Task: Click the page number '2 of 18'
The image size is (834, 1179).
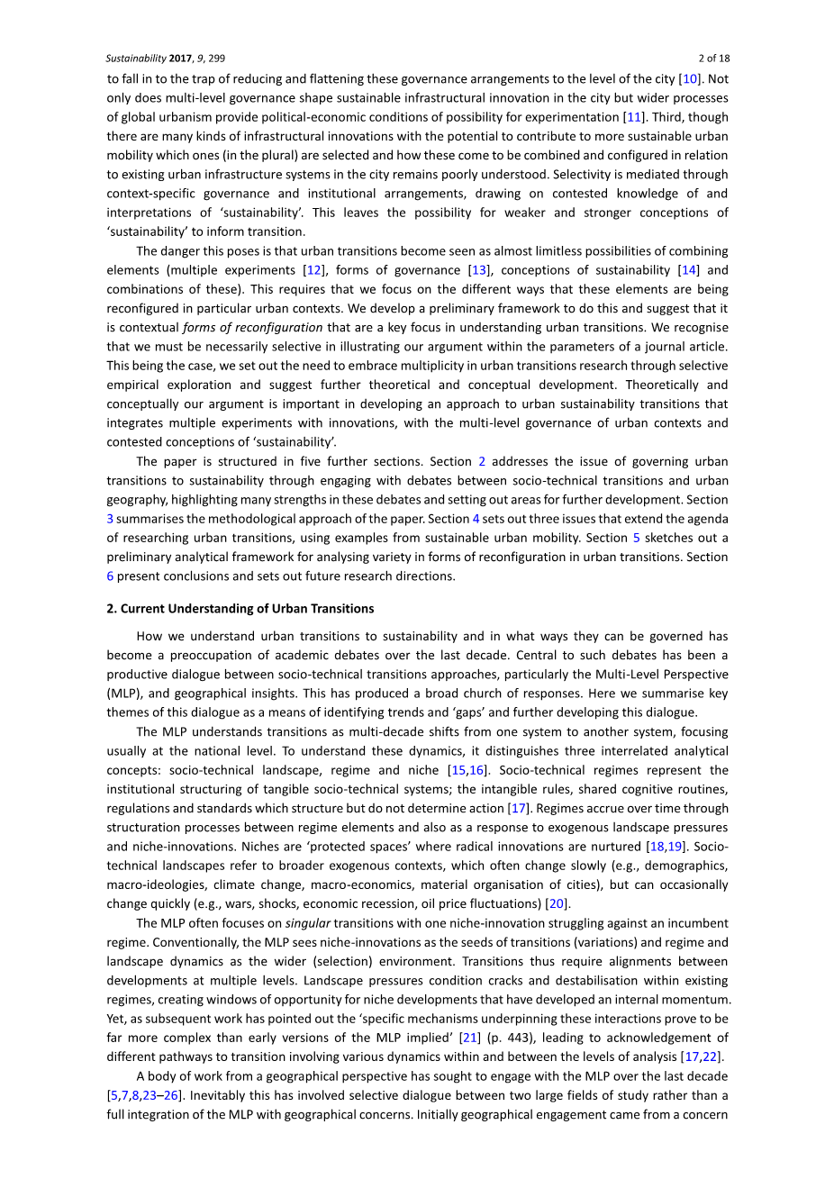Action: (x=713, y=59)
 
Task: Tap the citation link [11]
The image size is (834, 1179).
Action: (x=633, y=117)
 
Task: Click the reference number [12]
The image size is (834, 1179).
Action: (x=313, y=270)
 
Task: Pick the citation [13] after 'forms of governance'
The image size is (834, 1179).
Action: (x=478, y=270)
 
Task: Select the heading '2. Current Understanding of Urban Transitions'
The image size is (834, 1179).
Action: (x=240, y=609)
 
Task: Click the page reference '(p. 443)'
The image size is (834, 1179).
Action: (x=510, y=1038)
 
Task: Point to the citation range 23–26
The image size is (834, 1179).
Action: (x=162, y=1096)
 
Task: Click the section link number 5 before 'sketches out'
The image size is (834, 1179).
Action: (x=636, y=538)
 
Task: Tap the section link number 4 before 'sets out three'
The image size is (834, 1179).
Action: (x=476, y=519)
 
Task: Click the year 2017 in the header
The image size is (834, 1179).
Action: (x=184, y=59)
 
